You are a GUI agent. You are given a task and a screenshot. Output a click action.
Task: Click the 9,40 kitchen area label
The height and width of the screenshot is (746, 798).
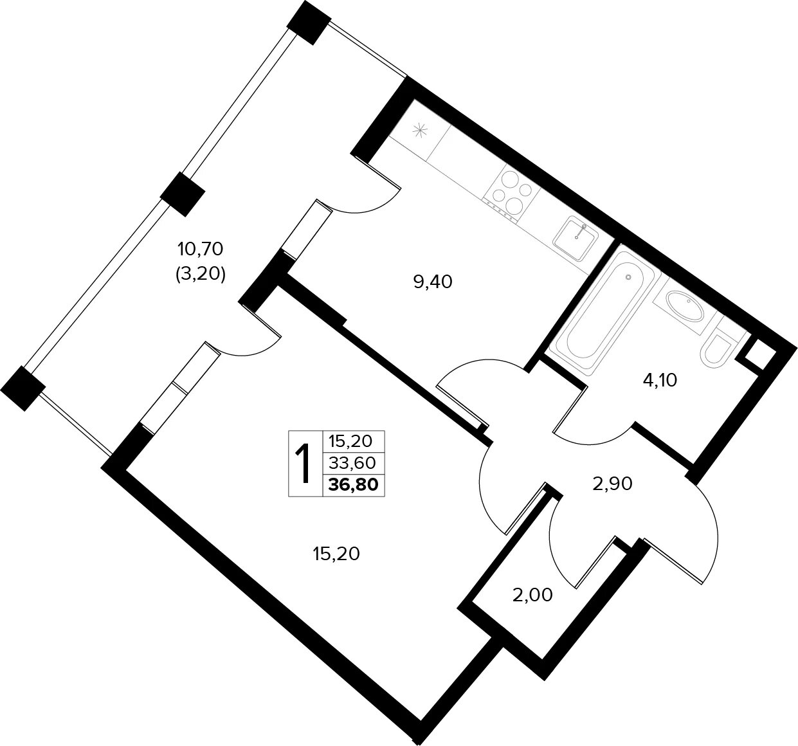pyautogui.click(x=433, y=282)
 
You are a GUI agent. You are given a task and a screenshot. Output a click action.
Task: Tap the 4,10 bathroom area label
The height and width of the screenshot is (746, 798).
pyautogui.click(x=660, y=380)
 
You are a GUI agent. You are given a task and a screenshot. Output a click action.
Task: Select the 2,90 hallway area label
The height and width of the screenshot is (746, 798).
pyautogui.click(x=612, y=484)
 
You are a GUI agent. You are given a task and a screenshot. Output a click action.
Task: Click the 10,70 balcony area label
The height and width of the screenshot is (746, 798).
pyautogui.click(x=200, y=250)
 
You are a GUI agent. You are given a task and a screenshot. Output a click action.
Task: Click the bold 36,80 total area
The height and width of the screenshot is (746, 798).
pyautogui.click(x=353, y=485)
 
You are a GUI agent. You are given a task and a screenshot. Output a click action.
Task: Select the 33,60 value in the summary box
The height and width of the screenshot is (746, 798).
pyautogui.click(x=352, y=464)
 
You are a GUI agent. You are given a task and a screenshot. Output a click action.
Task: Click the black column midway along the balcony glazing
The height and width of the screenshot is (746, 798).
pyautogui.click(x=183, y=194)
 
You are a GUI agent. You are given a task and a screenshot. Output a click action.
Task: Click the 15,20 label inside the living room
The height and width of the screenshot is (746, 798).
pyautogui.click(x=336, y=554)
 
